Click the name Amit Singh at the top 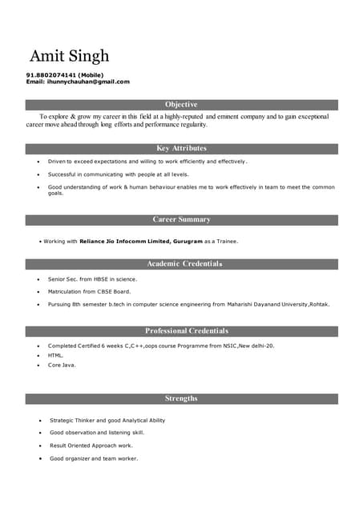coord(69,56)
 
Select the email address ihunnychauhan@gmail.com coord(88,82)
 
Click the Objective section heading coord(181,105)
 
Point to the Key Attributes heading coord(181,148)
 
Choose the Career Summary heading coord(181,219)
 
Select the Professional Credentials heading coord(186,330)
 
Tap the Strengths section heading coord(181,398)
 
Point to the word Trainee coord(227,241)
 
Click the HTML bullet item coord(55,355)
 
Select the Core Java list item coord(62,365)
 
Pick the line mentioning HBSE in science coord(92,279)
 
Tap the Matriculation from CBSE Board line coord(89,292)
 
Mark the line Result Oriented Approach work coord(91,446)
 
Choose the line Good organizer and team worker coord(93,458)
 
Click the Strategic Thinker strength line coord(107,420)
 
